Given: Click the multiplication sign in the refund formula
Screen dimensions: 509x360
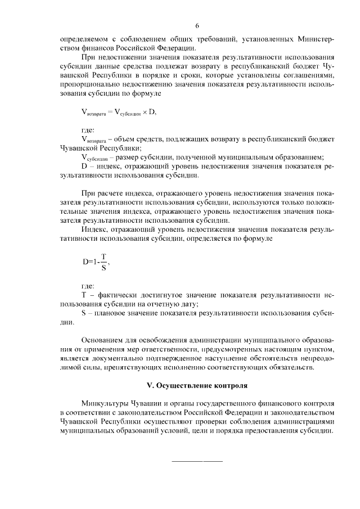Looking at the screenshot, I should tap(145, 111).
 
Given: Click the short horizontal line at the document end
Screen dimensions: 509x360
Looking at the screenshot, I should tap(197, 461).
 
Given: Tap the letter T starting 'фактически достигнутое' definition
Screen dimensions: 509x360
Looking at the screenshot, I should tap(84, 295).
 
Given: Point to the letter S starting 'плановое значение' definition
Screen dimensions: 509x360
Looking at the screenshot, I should tap(84, 313).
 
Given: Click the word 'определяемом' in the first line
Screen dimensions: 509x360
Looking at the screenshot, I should tap(84, 39).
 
